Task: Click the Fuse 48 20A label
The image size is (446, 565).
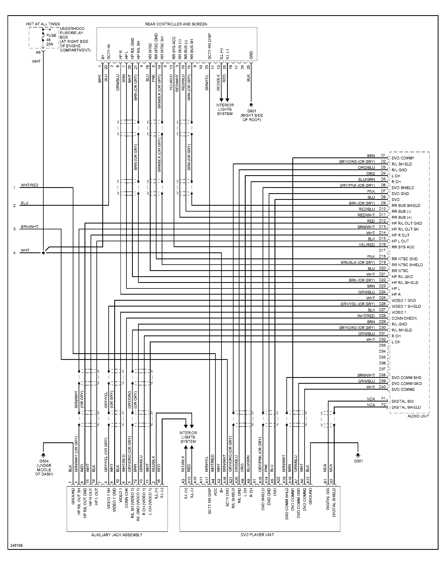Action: (51, 40)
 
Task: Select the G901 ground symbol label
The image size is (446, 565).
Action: (252, 111)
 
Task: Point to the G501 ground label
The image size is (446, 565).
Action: (358, 461)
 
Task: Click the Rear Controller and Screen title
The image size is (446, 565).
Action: (176, 24)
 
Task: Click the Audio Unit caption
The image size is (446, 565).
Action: (418, 416)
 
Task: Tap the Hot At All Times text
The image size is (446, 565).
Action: (43, 24)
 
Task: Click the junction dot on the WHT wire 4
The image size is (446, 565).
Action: (43, 253)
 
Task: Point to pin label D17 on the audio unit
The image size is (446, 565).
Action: (382, 251)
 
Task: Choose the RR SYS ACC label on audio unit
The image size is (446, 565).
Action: (403, 247)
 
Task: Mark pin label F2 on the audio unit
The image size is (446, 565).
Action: (383, 405)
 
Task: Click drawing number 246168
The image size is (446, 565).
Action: (16, 545)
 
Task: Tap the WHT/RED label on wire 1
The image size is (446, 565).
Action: (30, 185)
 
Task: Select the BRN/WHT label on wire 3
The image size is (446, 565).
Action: (30, 227)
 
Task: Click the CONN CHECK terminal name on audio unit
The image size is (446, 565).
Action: (404, 318)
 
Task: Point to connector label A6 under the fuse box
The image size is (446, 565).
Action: (38, 53)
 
